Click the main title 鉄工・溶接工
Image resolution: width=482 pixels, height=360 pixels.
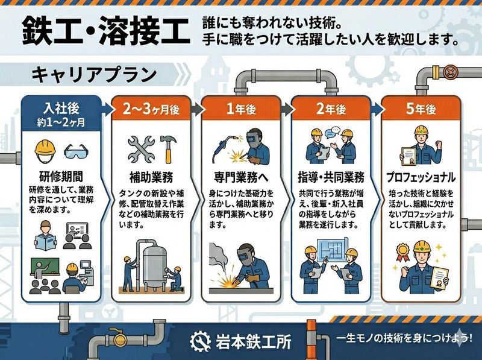(x=106, y=31)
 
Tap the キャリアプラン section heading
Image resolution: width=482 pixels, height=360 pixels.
(x=94, y=75)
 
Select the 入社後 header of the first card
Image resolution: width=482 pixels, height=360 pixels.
(x=61, y=109)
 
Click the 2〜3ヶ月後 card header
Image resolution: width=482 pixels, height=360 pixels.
(x=151, y=109)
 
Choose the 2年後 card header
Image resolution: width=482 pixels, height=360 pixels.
(x=331, y=109)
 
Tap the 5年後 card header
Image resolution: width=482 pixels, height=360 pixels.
(x=421, y=109)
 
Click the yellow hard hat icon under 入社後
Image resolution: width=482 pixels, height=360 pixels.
(x=45, y=151)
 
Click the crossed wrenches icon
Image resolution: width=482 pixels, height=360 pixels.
(x=142, y=149)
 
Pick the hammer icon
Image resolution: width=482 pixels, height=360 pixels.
(x=168, y=149)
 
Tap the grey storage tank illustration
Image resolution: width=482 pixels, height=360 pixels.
(x=155, y=264)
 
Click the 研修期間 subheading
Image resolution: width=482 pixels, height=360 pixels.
(x=61, y=177)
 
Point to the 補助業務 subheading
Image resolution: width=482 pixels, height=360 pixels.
(x=151, y=177)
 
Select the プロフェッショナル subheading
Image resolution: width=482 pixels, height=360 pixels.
(x=421, y=177)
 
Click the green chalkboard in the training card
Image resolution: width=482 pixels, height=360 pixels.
(x=45, y=266)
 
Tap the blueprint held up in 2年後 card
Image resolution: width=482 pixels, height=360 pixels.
(x=334, y=248)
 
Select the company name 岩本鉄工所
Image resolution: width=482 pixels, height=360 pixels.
(x=253, y=341)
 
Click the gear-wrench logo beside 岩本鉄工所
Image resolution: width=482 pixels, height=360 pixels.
(x=200, y=341)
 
